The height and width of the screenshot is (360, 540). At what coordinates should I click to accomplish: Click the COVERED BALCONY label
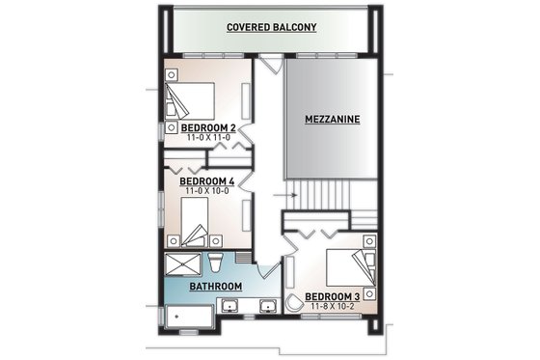[271, 28]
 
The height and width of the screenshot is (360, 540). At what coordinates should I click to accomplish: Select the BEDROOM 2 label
[208, 127]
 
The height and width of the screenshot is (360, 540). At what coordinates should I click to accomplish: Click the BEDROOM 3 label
[333, 295]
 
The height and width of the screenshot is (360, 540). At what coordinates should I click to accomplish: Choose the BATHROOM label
[214, 287]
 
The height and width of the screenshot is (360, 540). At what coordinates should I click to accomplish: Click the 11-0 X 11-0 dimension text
[208, 138]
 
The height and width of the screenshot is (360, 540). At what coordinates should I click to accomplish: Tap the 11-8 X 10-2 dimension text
[333, 306]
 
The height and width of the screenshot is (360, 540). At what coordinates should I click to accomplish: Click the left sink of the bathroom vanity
[231, 308]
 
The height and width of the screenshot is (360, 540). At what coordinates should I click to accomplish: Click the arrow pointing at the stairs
[282, 194]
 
